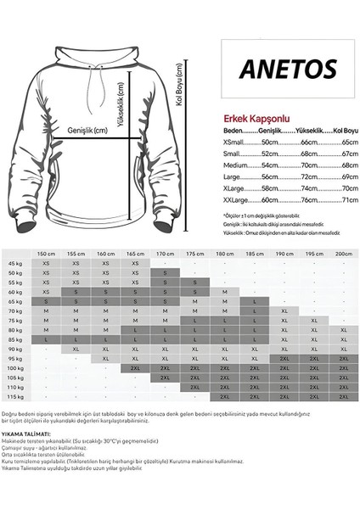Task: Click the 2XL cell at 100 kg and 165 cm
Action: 136,368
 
